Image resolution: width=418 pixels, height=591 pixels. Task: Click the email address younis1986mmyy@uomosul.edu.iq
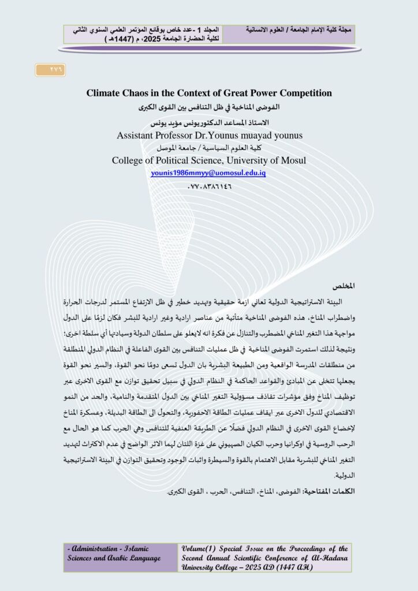pyautogui.click(x=208, y=173)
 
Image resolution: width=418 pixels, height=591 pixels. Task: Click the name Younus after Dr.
pyautogui.click(x=236, y=135)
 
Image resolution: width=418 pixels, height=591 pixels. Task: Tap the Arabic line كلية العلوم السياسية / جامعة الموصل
pyautogui.click(x=208, y=148)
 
